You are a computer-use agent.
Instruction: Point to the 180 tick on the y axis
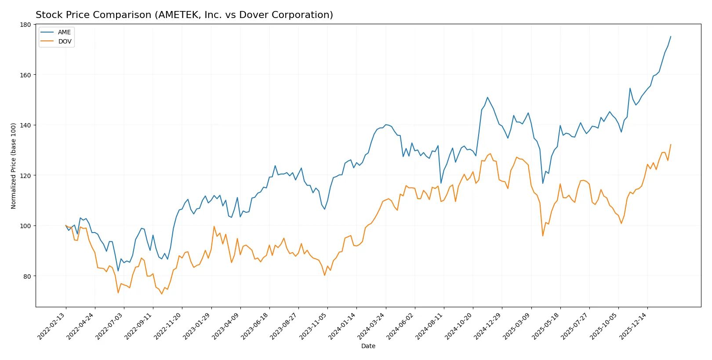coord(25,25)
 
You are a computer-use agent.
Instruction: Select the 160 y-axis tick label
coord(25,75)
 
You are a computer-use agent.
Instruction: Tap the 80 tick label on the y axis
coord(27,276)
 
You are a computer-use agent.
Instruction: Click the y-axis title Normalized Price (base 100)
coord(13,166)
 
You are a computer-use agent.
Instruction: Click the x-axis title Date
coord(368,346)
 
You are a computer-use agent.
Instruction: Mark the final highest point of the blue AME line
coord(671,36)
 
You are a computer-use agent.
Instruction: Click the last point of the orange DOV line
coord(671,145)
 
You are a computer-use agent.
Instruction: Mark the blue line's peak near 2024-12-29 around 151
coord(487,97)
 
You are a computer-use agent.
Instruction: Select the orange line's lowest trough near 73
coord(162,294)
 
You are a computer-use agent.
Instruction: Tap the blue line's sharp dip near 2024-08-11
coord(441,183)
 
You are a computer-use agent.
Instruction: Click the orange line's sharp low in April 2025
coord(543,236)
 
